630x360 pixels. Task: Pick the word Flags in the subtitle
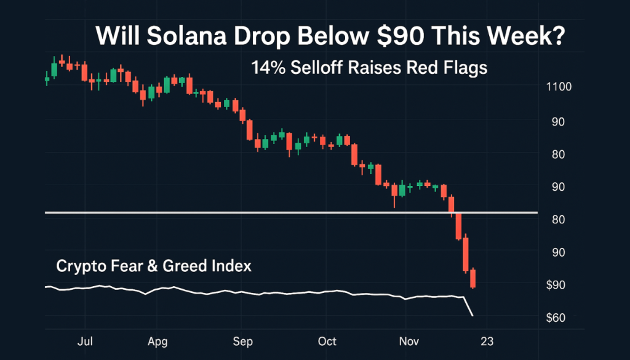tap(466, 67)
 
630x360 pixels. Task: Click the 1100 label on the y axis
tap(558, 87)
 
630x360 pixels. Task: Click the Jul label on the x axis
tap(86, 342)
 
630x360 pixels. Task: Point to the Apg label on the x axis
tap(158, 342)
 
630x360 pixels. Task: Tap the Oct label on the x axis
tap(327, 342)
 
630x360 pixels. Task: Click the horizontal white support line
tap(246, 213)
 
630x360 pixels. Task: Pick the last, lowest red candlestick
tap(473, 279)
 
